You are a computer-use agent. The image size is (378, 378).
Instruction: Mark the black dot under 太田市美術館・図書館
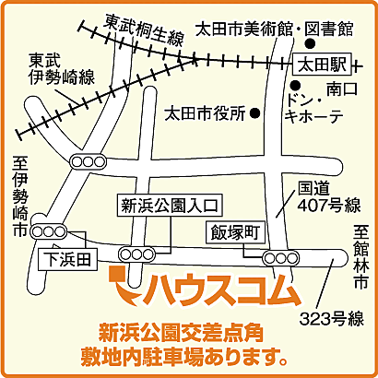(311, 43)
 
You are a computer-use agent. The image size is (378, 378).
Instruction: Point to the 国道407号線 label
(328, 195)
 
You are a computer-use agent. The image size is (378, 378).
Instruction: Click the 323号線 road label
(334, 320)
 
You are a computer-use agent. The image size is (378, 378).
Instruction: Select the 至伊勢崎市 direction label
(19, 198)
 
